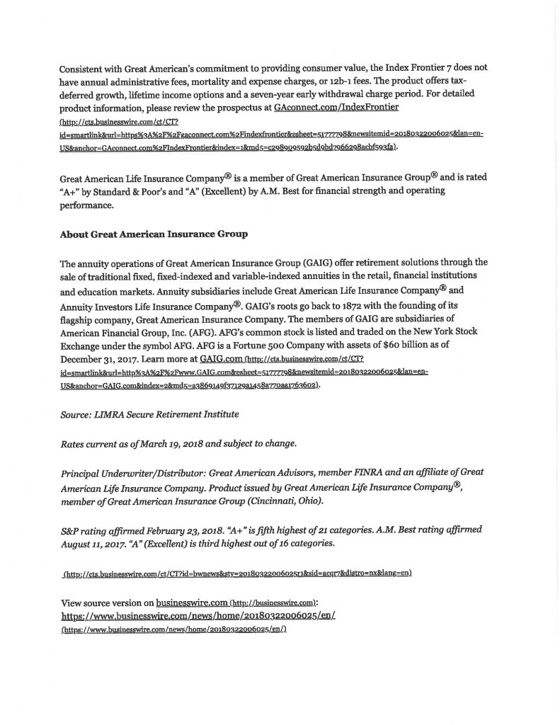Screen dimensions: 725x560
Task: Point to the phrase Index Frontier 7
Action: click(416, 67)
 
